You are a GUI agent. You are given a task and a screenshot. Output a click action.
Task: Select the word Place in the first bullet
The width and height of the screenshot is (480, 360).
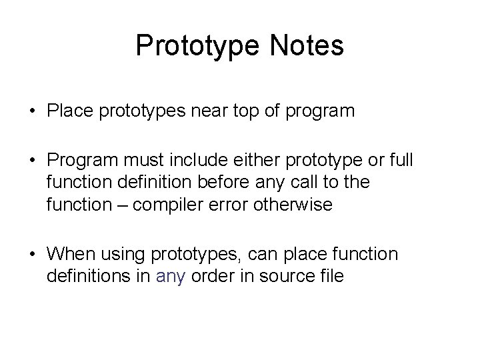coord(66,111)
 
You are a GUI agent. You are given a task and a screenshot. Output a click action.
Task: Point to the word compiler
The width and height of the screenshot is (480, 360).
coord(165,205)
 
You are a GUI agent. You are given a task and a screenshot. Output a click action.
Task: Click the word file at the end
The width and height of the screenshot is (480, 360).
coord(332,275)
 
